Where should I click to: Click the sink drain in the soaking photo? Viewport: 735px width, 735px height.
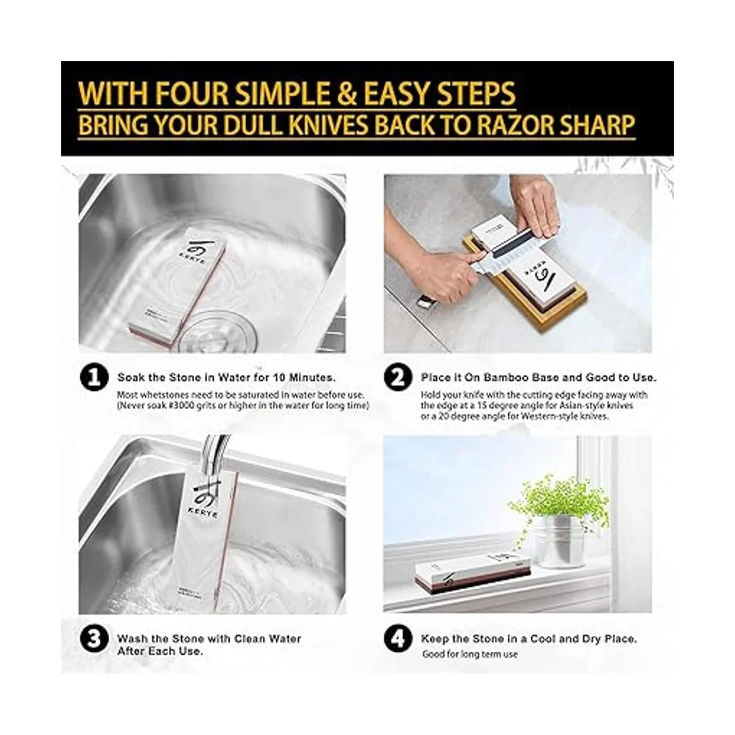pyautogui.click(x=219, y=331)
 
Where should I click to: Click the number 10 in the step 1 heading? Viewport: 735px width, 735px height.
pyautogui.click(x=279, y=378)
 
